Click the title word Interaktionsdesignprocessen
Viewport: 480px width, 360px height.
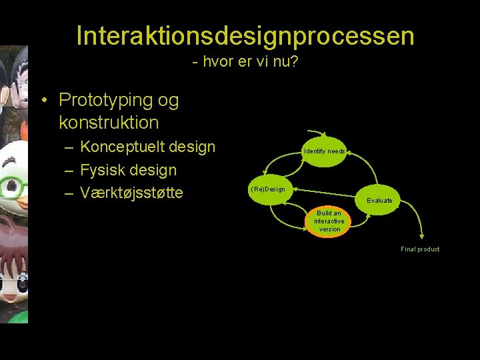click(x=245, y=36)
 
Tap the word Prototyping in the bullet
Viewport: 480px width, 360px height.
click(x=107, y=100)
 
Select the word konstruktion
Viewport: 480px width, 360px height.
click(x=109, y=123)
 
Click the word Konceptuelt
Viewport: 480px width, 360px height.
click(x=123, y=147)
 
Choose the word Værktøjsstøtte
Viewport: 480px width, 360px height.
click(x=131, y=193)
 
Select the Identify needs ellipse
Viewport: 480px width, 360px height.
click(x=325, y=151)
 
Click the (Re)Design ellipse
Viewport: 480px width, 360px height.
click(x=268, y=189)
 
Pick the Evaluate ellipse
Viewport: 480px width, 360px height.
click(x=379, y=200)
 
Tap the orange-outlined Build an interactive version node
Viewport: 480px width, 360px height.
click(x=329, y=221)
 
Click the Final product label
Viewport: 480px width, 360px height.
click(x=420, y=249)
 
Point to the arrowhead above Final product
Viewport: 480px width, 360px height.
click(x=421, y=235)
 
